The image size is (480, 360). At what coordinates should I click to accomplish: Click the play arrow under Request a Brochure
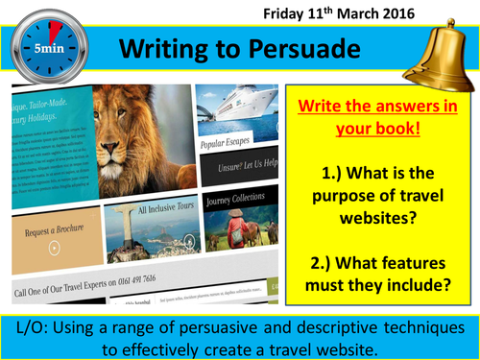tap(53, 249)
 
